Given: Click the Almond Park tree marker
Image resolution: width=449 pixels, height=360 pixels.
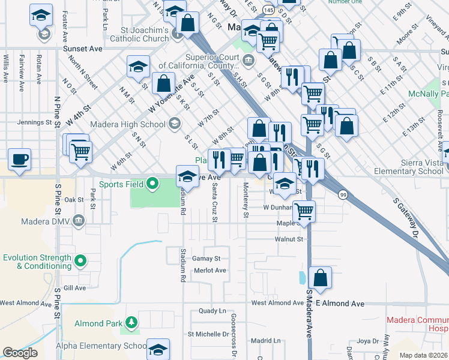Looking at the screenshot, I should pos(130,324).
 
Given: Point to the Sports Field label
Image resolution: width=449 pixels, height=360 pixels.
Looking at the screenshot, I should pos(121,184).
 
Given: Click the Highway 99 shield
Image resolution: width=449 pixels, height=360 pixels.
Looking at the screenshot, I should pos(343,195).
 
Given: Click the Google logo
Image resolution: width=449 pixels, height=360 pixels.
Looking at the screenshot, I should pos(20,353).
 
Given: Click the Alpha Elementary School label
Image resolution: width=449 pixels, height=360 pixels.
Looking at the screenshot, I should pos(101,346).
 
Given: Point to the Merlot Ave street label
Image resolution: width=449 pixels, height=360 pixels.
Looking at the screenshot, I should pos(210,271).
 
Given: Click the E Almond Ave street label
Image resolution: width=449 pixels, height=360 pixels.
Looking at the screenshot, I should pos(340,304).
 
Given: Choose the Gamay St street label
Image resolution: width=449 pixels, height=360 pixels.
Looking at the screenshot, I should pos(206,259).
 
